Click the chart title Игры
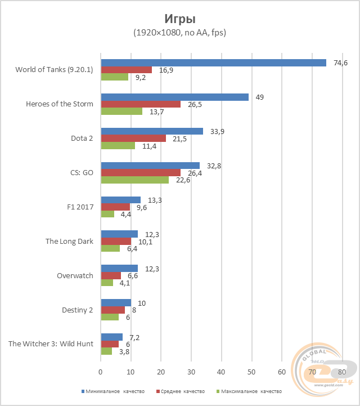pos(179,18)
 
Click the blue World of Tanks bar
pos(213,63)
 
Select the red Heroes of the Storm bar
pos(141,104)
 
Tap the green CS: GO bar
pos(134,180)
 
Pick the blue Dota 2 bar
pos(152,131)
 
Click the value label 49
pos(259,97)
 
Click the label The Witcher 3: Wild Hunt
pos(51,343)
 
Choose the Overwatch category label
pos(75,275)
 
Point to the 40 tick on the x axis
pos(221,372)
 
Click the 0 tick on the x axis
pos(101,372)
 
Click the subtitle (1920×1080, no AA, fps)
pos(179,33)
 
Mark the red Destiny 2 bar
pos(112,310)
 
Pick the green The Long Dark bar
pos(110,248)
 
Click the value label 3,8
pos(124,351)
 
